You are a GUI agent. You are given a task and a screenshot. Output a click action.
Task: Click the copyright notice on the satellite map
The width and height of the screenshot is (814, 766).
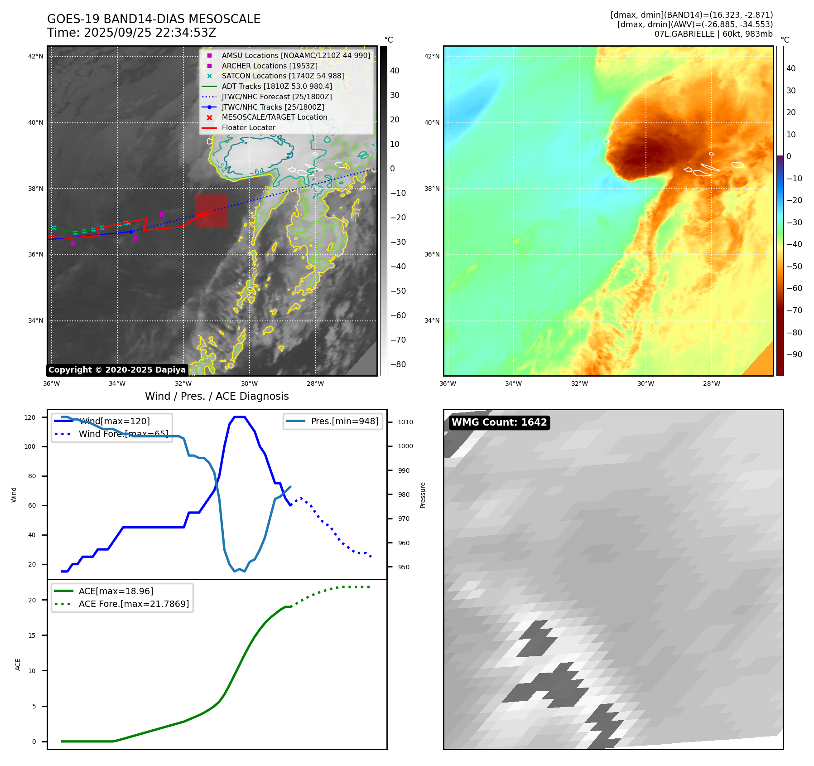pos(117,370)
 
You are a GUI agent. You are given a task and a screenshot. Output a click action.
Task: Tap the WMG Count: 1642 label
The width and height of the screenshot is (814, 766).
pos(499,422)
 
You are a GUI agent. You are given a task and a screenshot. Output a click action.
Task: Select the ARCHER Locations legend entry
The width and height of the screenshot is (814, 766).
pos(270,66)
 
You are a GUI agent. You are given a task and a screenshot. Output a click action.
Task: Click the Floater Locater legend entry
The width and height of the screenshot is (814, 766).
pos(248,128)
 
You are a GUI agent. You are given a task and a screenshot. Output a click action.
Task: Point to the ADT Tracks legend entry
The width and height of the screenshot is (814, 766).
pos(277,86)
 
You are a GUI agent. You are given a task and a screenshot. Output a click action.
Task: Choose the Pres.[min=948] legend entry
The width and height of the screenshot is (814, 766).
pos(344,421)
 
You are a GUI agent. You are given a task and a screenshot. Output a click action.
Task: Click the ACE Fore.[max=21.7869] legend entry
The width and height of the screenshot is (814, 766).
pos(134,604)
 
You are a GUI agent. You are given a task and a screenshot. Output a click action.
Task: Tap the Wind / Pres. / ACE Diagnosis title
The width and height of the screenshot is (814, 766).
pos(217,396)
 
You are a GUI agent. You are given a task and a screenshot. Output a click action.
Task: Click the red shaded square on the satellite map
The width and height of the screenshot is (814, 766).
pos(212,211)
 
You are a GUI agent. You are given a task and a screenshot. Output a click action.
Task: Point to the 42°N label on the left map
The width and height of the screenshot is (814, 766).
pos(36,57)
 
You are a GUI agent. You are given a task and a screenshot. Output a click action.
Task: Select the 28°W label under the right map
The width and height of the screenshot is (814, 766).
pos(711,383)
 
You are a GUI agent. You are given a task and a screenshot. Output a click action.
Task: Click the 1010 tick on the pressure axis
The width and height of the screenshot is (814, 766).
pos(405,422)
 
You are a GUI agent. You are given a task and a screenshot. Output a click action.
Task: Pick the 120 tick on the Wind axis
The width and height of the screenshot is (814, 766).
pos(30,417)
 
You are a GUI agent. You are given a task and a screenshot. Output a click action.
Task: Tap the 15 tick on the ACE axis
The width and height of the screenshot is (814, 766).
pos(32,635)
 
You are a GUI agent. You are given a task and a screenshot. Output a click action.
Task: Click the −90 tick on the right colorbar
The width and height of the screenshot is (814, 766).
pos(794,354)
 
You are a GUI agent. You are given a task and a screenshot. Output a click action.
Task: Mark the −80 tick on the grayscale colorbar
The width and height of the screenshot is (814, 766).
pos(398,364)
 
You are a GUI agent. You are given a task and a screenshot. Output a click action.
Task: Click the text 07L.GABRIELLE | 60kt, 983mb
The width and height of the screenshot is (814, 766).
pos(713,34)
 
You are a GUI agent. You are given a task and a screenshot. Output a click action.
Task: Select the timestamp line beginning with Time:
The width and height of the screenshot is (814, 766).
pos(131,33)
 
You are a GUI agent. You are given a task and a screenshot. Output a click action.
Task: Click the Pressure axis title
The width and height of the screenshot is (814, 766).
pos(423,495)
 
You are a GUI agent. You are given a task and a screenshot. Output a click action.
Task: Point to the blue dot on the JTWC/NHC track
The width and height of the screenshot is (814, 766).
pos(131,232)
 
